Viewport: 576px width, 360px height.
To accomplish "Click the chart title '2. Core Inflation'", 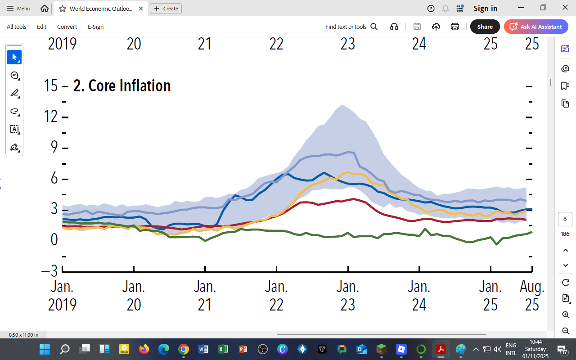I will [122, 85].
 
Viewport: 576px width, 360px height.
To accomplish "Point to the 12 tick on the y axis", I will [51, 117].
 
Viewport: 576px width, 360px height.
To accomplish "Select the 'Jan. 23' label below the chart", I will [348, 295].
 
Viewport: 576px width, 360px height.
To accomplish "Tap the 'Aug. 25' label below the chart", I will [532, 295].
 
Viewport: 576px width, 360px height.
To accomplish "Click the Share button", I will [485, 27].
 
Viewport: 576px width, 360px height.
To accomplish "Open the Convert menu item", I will [67, 27].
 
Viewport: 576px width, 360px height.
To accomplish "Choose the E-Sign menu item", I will [95, 27].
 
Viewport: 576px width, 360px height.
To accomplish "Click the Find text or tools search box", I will [351, 27].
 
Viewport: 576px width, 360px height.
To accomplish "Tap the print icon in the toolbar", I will [455, 27].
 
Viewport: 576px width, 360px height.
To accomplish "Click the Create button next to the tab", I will [166, 8].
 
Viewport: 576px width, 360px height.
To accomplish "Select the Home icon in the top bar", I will [45, 8].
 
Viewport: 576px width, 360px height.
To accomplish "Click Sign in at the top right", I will [485, 8].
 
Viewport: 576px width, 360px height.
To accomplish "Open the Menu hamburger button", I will [18, 8].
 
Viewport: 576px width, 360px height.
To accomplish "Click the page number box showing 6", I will [565, 219].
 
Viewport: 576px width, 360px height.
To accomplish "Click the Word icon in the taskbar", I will [203, 349].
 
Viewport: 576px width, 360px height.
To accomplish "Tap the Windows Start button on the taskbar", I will [45, 349].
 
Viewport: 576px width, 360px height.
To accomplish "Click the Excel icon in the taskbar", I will [223, 349].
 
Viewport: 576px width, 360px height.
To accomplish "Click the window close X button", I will [565, 8].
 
